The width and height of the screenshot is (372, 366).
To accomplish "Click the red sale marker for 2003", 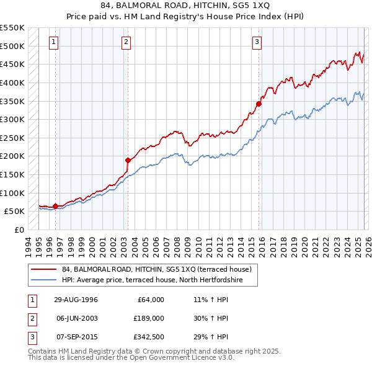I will click(128, 160).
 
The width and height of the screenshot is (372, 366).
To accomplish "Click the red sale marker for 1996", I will click(56, 206).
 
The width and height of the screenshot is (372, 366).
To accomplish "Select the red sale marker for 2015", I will click(259, 104).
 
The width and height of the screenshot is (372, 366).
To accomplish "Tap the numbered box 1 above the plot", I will click(54, 42).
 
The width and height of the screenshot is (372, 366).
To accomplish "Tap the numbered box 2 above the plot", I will click(126, 42).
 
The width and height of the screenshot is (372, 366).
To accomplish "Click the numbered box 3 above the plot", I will click(257, 42).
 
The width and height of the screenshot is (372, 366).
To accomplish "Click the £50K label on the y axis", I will click(15, 212).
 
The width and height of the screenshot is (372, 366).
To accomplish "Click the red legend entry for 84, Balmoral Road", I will click(156, 270).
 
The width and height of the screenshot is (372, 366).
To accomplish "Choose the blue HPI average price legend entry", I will click(151, 280).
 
